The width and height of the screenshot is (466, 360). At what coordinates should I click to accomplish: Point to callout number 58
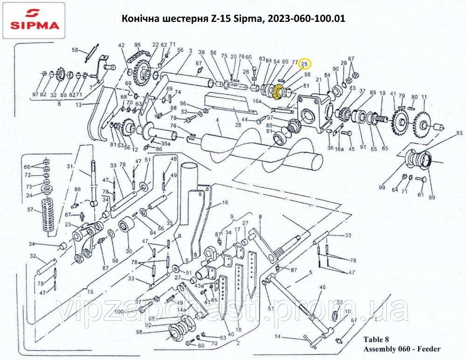coord(75,50)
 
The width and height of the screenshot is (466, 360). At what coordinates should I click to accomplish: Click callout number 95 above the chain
coord(137,45)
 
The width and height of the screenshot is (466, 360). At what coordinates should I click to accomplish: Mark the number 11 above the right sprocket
coord(424,97)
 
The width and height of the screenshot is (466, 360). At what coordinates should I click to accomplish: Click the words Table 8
coord(376,340)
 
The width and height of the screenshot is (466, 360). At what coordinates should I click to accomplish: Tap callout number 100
coord(119,311)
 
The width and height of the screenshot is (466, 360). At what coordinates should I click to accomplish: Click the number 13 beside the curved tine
coord(79,105)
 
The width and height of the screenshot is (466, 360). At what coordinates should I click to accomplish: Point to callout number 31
coord(71,166)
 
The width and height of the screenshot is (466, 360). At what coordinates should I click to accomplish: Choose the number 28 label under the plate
coord(238,124)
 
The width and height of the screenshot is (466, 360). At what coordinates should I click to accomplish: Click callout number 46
coord(322,288)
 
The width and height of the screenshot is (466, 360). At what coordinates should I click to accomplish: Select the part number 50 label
coord(340,302)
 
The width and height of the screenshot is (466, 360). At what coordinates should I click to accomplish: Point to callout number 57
coord(30,210)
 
